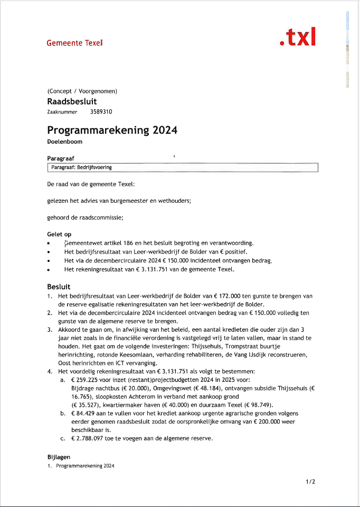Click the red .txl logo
click(x=298, y=37)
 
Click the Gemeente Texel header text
click(x=74, y=42)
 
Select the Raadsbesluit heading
click(x=72, y=101)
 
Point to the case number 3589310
click(x=101, y=112)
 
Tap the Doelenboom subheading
click(x=64, y=142)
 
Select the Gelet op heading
click(x=59, y=234)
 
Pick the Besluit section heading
click(x=59, y=286)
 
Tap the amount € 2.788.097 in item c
click(x=91, y=438)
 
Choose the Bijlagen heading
click(x=59, y=456)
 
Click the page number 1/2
click(x=310, y=482)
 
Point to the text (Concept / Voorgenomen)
click(x=82, y=91)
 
